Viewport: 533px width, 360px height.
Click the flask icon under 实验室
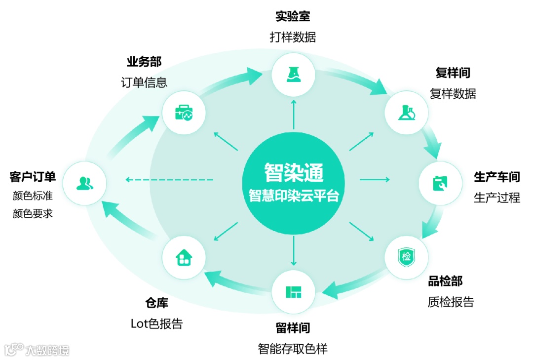coord(293,75)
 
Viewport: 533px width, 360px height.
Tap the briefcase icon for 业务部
coord(183,114)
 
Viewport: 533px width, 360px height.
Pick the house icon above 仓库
coord(184,257)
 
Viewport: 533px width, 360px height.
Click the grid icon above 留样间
coord(293,292)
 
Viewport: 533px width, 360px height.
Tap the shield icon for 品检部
coord(406,257)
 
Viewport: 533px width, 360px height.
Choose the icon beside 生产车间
coord(440,183)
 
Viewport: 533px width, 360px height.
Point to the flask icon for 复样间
coord(406,113)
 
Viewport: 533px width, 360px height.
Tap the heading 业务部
coord(144,62)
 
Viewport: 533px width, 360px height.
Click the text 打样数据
coord(293,37)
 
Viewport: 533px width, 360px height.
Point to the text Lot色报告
coord(156,323)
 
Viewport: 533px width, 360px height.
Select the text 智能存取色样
coord(293,349)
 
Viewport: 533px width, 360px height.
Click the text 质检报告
coord(451,302)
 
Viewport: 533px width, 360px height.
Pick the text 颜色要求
coord(33,213)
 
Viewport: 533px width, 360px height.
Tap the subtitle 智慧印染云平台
coord(293,195)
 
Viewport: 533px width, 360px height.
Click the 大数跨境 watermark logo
coord(37,350)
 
